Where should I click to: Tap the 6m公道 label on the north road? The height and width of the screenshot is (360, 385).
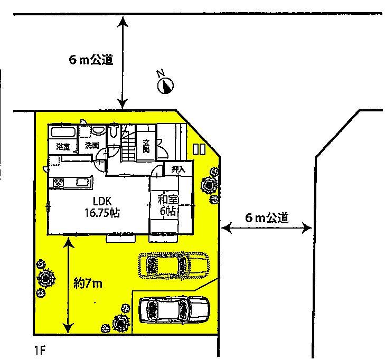coord(91,60)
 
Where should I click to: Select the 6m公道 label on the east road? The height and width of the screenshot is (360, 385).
coord(267,217)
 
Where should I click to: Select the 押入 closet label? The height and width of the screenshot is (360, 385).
coord(178,169)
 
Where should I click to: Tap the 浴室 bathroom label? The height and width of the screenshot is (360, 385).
coord(63,147)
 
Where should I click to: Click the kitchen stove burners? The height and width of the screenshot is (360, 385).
coord(58,183)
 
